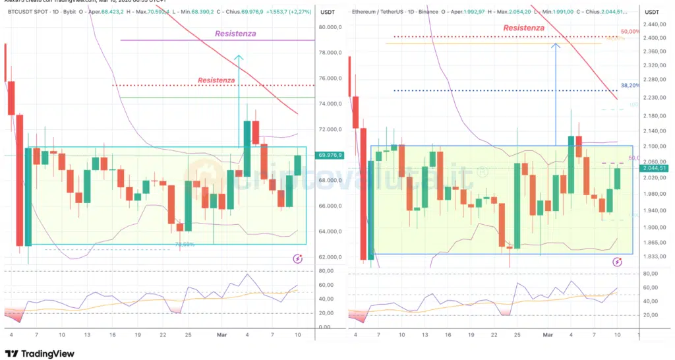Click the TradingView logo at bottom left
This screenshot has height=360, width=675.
40,353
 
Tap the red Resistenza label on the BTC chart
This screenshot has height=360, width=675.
216,80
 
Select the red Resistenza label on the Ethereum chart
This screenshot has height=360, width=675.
523,28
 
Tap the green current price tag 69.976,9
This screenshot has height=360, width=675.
330,156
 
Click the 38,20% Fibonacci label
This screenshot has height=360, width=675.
630,86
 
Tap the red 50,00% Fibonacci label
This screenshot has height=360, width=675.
630,32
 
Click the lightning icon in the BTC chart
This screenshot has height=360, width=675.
297,259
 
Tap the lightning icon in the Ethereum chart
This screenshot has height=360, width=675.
617,262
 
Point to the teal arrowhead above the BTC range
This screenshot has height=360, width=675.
239,59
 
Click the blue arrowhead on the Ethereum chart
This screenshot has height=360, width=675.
556,45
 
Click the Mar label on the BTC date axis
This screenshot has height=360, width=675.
221,335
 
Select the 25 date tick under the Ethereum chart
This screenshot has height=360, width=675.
517,335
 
